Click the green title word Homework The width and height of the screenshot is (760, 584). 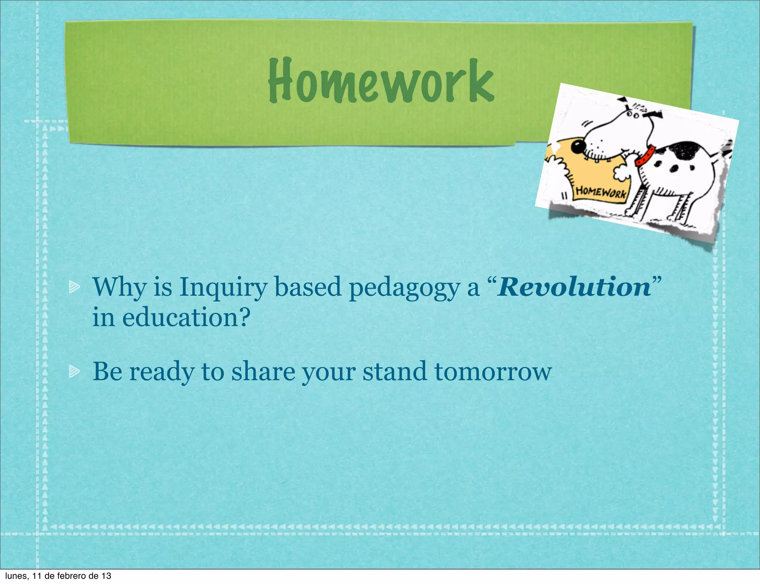click(381, 81)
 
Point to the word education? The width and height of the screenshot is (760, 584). click(186, 318)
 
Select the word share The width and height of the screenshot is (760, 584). click(263, 371)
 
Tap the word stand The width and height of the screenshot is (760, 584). click(394, 371)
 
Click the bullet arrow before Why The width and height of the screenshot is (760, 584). click(74, 286)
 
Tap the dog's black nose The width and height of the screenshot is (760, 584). click(577, 147)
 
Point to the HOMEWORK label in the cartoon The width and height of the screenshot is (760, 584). click(601, 192)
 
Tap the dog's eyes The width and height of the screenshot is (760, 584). click(632, 115)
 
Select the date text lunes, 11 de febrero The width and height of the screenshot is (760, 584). click(58, 576)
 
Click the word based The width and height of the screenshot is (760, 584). click(308, 287)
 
